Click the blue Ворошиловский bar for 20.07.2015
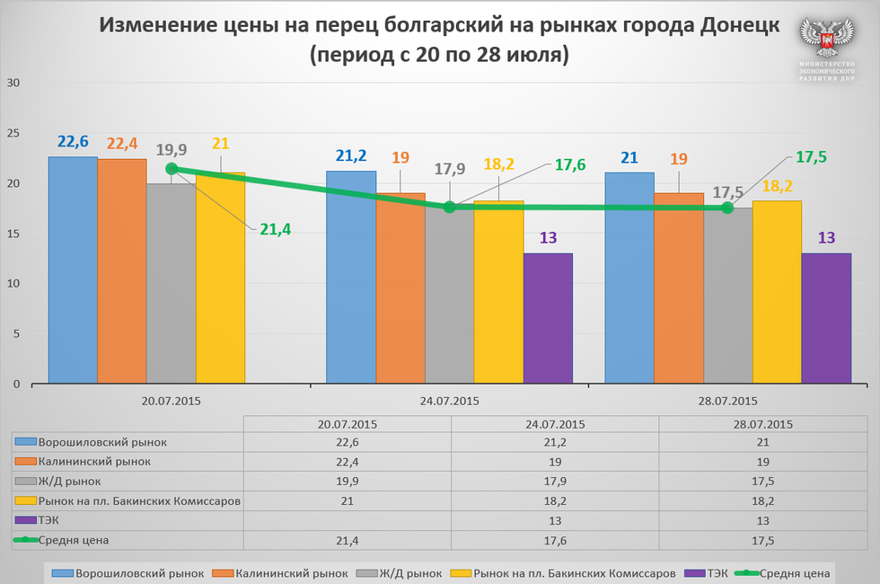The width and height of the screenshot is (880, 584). pyautogui.click(x=73, y=270)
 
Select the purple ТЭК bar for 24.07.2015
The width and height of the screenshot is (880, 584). pyautogui.click(x=548, y=318)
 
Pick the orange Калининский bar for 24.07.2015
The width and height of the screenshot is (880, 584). pyautogui.click(x=400, y=288)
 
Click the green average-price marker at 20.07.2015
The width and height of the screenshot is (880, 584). pyautogui.click(x=172, y=169)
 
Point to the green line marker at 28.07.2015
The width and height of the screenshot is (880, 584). pyautogui.click(x=727, y=208)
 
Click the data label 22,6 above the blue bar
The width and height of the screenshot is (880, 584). pyautogui.click(x=73, y=142)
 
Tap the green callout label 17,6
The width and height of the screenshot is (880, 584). pyautogui.click(x=570, y=164)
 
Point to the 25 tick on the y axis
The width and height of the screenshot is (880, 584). pyautogui.click(x=13, y=133)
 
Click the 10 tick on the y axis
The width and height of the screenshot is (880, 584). pyautogui.click(x=13, y=284)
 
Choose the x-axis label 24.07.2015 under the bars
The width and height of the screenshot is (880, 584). pyautogui.click(x=450, y=401)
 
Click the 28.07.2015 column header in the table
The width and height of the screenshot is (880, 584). pyautogui.click(x=763, y=424)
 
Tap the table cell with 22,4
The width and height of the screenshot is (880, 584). pyautogui.click(x=347, y=462)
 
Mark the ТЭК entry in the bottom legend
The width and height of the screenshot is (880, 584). pyautogui.click(x=716, y=572)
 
